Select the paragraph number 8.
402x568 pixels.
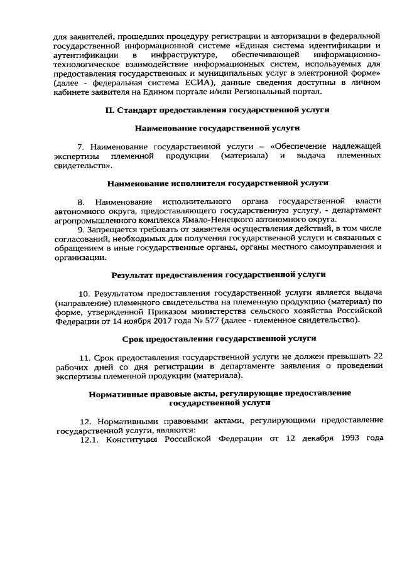point(80,201)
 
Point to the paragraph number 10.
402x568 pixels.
point(84,293)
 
